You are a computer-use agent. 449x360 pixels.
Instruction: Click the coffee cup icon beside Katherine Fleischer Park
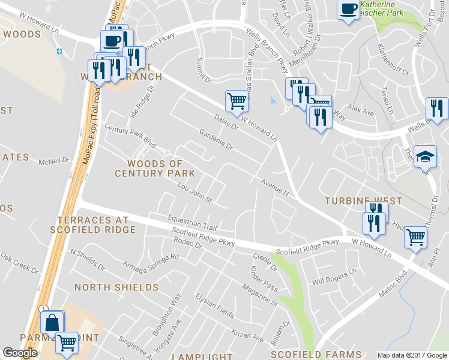pyautogui.click(x=348, y=10)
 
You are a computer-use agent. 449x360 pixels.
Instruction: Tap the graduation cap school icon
pyautogui.click(x=425, y=157)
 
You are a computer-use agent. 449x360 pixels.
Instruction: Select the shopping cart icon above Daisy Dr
pyautogui.click(x=237, y=101)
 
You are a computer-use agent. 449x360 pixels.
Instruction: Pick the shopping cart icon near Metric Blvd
pyautogui.click(x=415, y=237)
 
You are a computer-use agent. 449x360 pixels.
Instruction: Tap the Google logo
pyautogui.click(x=20, y=353)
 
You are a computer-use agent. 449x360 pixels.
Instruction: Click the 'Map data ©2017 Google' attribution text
pyautogui.click(x=412, y=355)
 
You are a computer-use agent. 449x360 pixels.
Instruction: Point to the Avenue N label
pyautogui.click(x=275, y=187)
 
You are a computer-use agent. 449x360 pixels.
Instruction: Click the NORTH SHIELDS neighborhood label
pyautogui.click(x=116, y=287)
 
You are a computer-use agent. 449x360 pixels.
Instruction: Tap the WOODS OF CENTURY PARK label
pyautogui.click(x=155, y=168)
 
